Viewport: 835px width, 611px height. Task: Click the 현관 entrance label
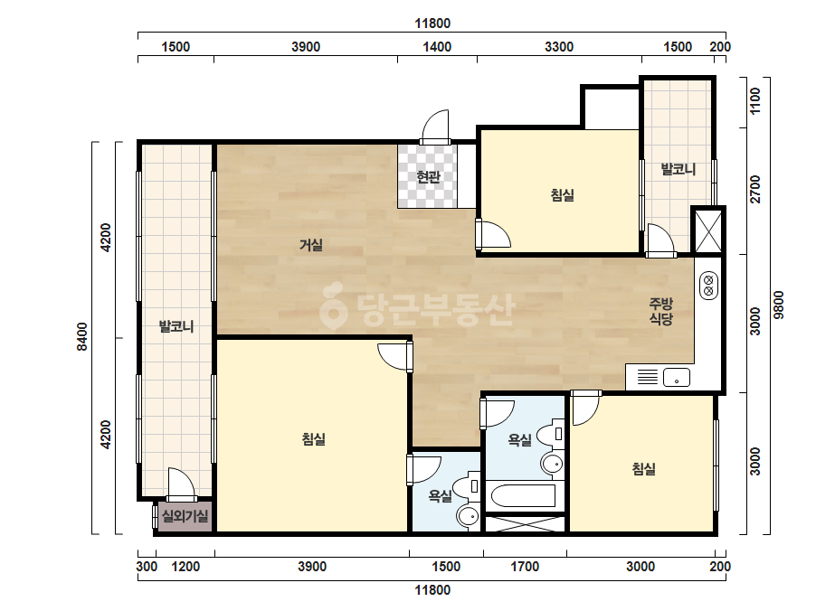click(x=428, y=176)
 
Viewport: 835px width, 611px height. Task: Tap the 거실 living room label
click(x=311, y=245)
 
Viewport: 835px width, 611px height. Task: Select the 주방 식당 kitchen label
click(x=661, y=311)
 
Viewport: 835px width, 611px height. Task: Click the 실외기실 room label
click(x=185, y=516)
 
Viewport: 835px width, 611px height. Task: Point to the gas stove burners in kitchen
click(x=708, y=286)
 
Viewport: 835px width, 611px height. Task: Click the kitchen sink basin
click(x=677, y=377)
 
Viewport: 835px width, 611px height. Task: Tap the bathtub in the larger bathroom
click(x=524, y=495)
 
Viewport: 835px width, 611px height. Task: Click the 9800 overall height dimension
click(x=779, y=305)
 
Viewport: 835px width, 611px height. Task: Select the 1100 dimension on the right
click(x=755, y=101)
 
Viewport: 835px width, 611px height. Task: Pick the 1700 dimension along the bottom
click(x=525, y=567)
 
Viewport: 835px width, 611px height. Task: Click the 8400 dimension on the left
click(x=82, y=337)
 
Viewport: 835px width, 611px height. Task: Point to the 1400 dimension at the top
click(x=437, y=47)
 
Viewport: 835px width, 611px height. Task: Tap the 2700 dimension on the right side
click(x=755, y=190)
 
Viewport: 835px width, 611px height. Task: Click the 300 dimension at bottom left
click(x=147, y=567)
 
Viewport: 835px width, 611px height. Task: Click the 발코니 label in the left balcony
click(x=176, y=326)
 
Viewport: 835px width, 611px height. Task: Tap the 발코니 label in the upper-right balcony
click(x=678, y=169)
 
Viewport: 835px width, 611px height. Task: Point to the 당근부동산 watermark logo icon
click(x=333, y=305)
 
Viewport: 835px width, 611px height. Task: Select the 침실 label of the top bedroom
click(x=563, y=195)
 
